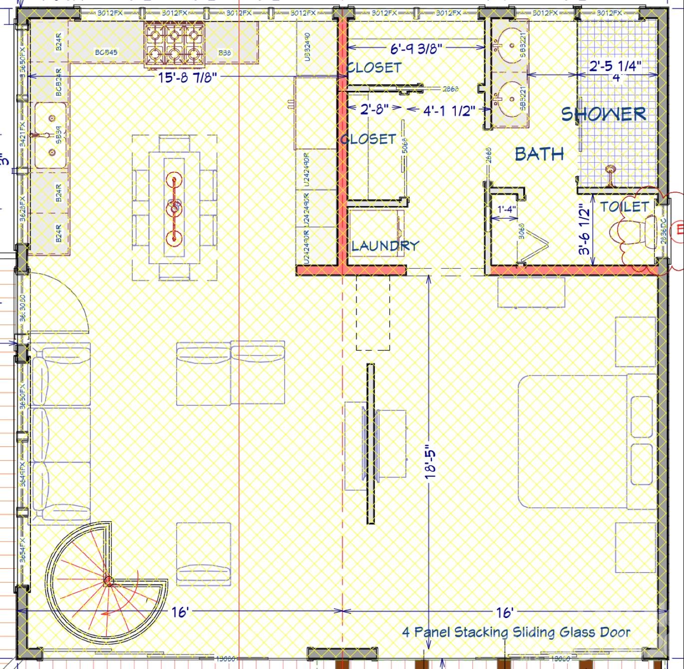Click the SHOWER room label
tap(604, 114)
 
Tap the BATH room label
tap(539, 154)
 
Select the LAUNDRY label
tap(385, 245)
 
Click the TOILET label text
tap(624, 206)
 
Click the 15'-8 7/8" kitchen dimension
tap(188, 77)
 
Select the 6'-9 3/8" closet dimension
tap(416, 48)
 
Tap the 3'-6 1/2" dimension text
tap(584, 229)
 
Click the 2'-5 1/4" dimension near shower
tap(615, 66)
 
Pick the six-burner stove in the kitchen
tap(174, 44)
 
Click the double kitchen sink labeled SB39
tap(50, 135)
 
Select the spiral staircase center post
tap(108, 581)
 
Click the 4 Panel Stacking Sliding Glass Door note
tap(516, 632)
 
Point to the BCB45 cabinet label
tap(106, 52)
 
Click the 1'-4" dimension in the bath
tap(506, 210)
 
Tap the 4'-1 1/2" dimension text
tap(449, 110)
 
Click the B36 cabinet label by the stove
tap(224, 52)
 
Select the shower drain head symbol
tap(610, 170)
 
